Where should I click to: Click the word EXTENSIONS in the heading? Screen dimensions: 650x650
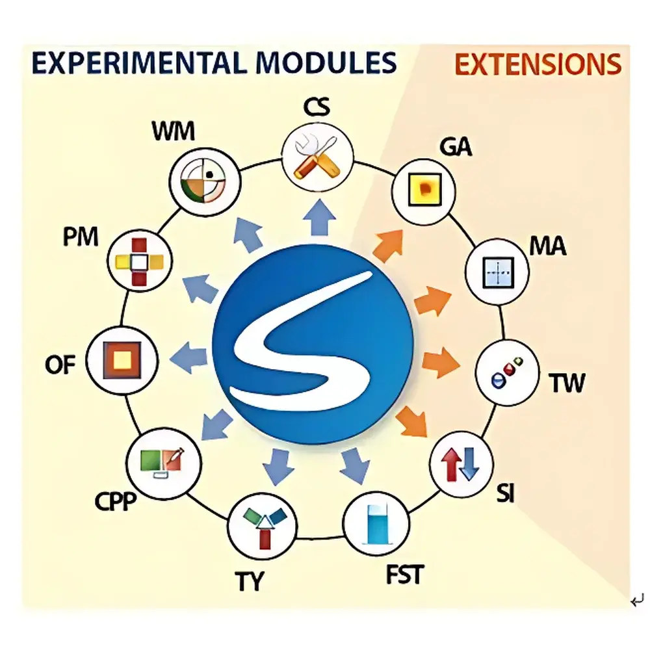538,64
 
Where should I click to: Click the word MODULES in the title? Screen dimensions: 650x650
326,63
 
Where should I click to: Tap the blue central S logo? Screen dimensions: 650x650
313,344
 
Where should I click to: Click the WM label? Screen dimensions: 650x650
174,131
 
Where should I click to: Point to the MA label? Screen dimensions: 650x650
547,246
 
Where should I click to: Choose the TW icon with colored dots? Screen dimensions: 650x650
507,372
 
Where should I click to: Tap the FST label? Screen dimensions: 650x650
404,575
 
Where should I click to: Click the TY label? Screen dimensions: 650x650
249,580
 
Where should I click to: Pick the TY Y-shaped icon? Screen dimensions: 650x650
263,526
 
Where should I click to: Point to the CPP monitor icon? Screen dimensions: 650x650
164,463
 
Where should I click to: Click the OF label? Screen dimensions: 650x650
60,365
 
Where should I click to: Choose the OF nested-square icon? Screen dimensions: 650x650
122,360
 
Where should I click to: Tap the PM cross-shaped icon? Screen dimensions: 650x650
140,261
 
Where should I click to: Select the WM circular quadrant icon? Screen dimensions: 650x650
205,181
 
